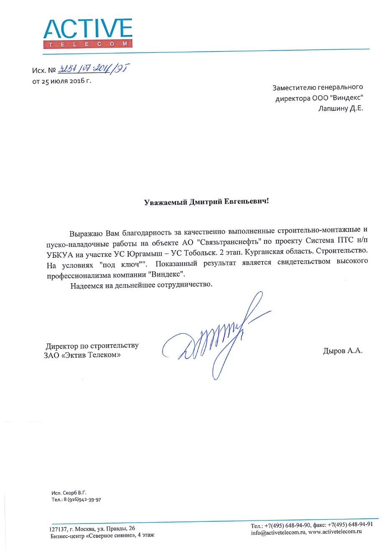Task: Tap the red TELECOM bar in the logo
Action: coord(88,44)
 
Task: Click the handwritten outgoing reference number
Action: coord(94,69)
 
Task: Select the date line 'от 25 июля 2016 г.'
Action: coord(61,81)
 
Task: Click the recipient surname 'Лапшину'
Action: coord(333,109)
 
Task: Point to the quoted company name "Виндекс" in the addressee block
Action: coord(348,98)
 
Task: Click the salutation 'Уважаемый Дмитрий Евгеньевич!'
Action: coord(206,202)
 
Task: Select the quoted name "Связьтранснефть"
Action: coord(229,242)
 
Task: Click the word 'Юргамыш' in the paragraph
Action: coord(145,254)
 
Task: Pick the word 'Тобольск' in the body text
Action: coord(200,253)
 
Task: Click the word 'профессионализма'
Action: coord(79,276)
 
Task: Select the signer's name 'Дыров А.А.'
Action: coord(342,351)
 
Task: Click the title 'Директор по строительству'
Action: coord(92,346)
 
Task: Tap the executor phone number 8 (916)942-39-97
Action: coord(82,500)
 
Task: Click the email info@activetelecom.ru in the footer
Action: coord(278,533)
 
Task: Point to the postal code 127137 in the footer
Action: coord(58,529)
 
